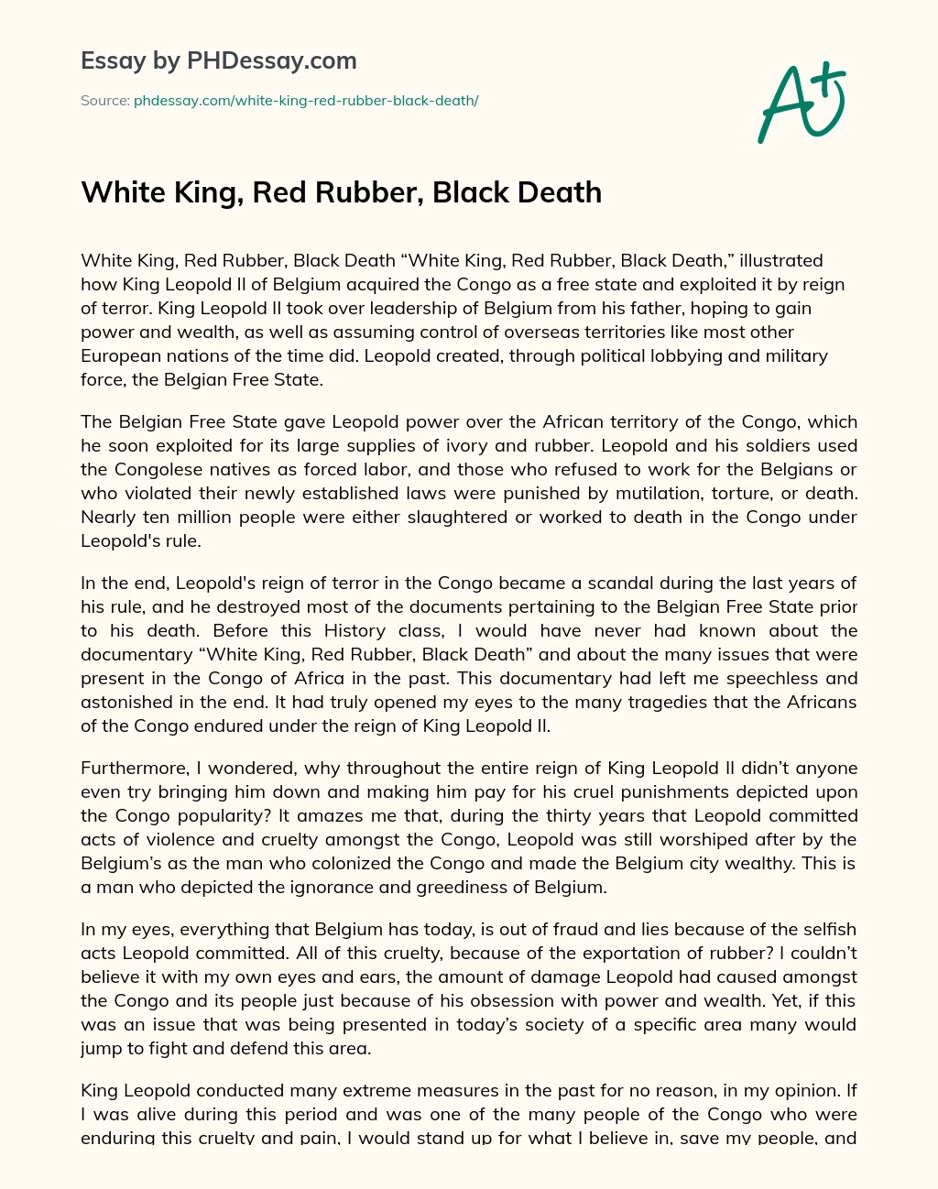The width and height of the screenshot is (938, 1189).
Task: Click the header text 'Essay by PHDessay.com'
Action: point(219,60)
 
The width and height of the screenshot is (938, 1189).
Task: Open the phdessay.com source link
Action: point(306,101)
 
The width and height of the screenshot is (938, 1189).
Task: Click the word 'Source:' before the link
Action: point(104,101)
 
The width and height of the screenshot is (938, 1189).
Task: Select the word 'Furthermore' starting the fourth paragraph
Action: point(131,768)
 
